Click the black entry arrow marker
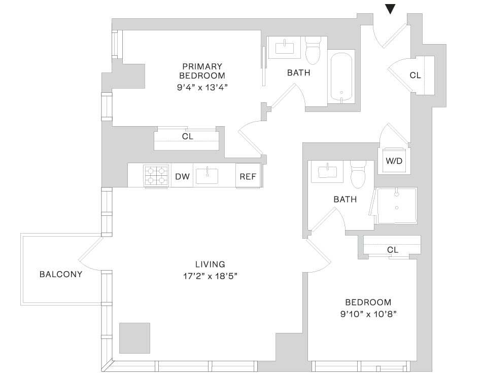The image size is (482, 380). click(390, 9)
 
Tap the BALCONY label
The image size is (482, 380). click(61, 274)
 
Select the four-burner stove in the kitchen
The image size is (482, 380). click(156, 176)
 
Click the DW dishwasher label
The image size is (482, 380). click(182, 176)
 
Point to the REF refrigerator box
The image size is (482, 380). click(248, 176)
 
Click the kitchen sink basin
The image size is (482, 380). click(207, 176)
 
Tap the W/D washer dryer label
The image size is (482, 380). click(394, 161)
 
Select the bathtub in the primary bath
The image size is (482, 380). click(341, 78)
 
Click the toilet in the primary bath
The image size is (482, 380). click(313, 50)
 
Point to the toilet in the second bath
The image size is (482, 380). click(358, 174)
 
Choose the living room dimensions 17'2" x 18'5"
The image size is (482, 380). click(210, 276)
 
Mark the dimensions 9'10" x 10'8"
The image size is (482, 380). click(368, 314)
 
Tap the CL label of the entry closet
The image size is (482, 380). click(415, 75)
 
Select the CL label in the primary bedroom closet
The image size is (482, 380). click(188, 136)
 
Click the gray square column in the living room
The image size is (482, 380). click(134, 338)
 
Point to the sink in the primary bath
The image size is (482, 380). click(285, 48)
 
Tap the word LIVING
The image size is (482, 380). click(210, 264)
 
